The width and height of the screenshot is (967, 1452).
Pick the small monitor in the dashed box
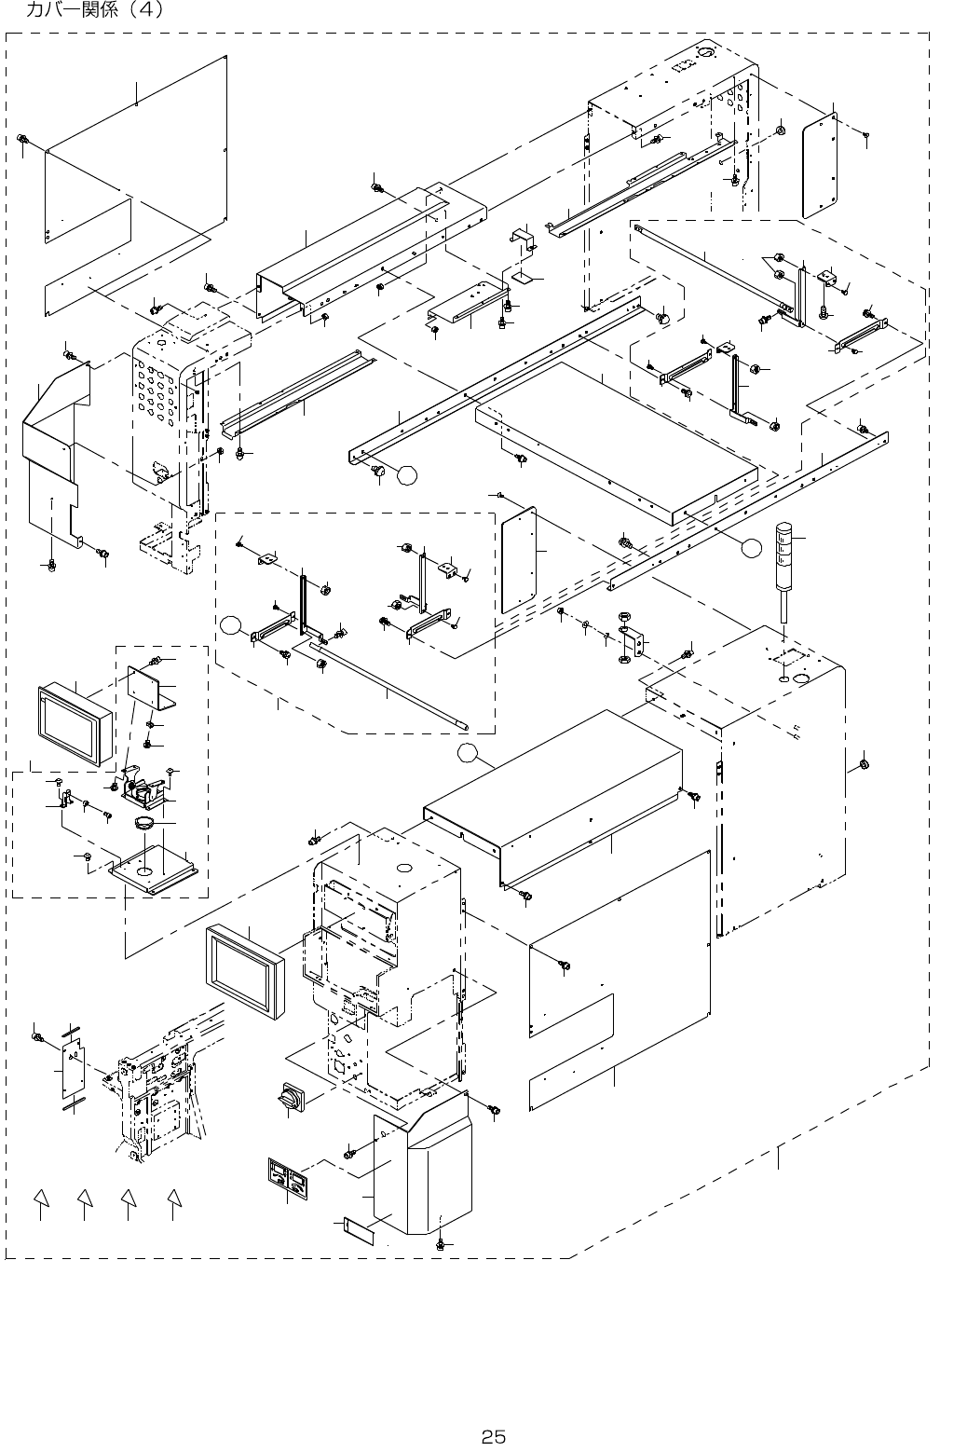pyautogui.click(x=75, y=725)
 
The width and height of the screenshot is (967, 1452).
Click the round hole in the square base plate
pyautogui.click(x=146, y=869)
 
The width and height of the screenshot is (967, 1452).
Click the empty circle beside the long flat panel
pyautogui.click(x=751, y=548)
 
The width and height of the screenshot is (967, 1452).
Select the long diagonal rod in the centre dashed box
pyautogui.click(x=390, y=686)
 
